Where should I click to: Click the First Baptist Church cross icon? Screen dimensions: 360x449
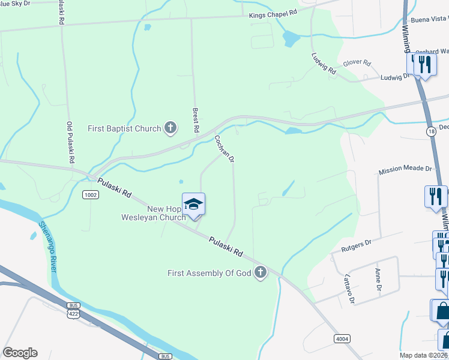pyautogui.click(x=171, y=127)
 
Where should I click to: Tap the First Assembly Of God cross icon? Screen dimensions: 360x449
pyautogui.click(x=261, y=273)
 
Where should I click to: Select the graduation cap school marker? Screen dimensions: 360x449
pyautogui.click(x=194, y=205)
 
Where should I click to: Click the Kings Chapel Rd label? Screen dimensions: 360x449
pyautogui.click(x=273, y=13)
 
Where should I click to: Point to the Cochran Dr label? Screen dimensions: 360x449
pyautogui.click(x=224, y=149)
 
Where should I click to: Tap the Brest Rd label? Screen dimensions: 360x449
pyautogui.click(x=196, y=119)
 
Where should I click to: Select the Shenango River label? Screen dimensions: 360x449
pyautogui.click(x=47, y=247)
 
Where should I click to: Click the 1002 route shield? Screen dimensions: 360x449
pyautogui.click(x=91, y=194)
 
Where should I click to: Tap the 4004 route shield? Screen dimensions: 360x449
pyautogui.click(x=342, y=339)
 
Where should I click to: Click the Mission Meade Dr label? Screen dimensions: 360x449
pyautogui.click(x=405, y=171)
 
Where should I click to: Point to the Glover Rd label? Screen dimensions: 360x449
pyautogui.click(x=357, y=62)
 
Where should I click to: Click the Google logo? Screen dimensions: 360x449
pyautogui.click(x=20, y=353)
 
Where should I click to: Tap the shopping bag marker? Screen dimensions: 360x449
pyautogui.click(x=442, y=311)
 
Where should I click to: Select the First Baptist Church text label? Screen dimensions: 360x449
pyautogui.click(x=124, y=128)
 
